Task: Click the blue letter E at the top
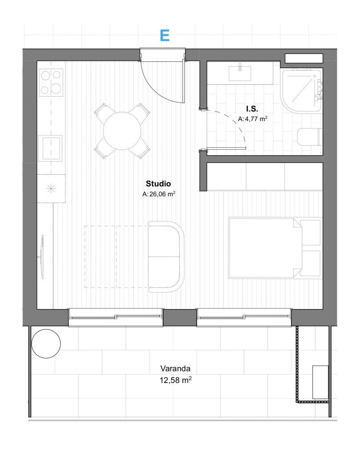pos(165,36)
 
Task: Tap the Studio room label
pos(158,183)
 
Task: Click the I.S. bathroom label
pos(252,109)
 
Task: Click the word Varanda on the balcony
pos(175,368)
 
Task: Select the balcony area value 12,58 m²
pos(175,380)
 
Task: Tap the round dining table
pos(122,131)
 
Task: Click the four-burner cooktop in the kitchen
pos(51,82)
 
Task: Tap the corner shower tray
pos(301,91)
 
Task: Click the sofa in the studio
pos(166,256)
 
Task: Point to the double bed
pos(275,248)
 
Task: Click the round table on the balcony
pos(46,343)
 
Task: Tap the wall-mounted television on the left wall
pos(42,257)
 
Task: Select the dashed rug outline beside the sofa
pos(117,257)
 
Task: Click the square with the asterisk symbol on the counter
pos(51,189)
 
